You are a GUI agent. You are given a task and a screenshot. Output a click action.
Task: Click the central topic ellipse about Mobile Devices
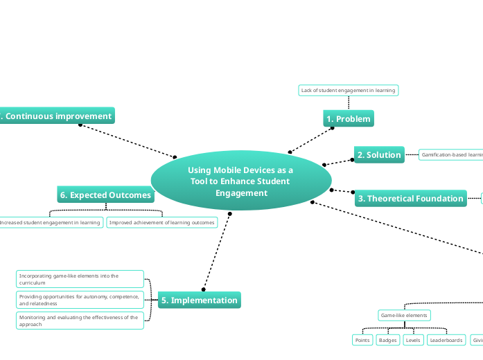point(240,181)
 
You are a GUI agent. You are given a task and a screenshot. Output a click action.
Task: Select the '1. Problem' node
point(349,119)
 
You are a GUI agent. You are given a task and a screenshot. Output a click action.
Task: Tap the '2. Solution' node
point(379,155)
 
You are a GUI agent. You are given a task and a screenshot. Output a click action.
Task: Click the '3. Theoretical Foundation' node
point(410,199)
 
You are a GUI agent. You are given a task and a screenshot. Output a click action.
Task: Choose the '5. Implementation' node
point(200,300)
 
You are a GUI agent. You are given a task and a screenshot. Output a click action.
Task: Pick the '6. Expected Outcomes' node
point(105,195)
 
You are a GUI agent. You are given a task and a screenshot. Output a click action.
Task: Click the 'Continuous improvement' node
point(57,116)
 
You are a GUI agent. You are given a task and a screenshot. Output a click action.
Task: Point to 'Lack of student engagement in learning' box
point(348,90)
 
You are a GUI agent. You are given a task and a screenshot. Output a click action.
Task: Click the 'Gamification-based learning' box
point(451,155)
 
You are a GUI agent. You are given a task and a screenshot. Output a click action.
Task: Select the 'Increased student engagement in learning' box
point(51,222)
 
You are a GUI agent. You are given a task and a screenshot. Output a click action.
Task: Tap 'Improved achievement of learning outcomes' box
point(162,222)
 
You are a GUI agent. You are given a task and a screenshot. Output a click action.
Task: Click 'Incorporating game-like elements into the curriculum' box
point(80,279)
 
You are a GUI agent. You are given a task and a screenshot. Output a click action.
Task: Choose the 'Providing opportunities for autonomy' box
point(80,300)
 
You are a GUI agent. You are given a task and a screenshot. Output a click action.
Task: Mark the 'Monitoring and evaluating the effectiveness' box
point(80,321)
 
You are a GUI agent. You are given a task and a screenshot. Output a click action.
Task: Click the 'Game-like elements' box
point(404,316)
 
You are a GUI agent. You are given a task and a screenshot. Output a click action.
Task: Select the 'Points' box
point(362,340)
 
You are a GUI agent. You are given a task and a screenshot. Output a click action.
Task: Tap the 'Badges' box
point(387,340)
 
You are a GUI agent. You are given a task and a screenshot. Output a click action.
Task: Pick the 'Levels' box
point(413,340)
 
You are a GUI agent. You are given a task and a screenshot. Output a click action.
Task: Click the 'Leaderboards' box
point(446,340)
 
